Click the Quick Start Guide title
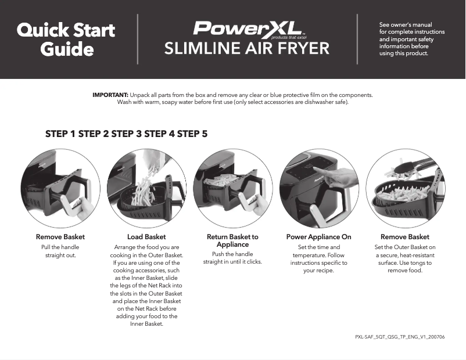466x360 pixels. (x=66, y=39)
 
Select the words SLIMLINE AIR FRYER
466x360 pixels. (x=246, y=48)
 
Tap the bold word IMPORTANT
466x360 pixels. (x=110, y=95)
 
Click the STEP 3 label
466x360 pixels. (x=126, y=134)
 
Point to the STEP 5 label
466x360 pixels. (x=192, y=134)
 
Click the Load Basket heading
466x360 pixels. (x=146, y=237)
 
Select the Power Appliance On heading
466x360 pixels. (x=318, y=237)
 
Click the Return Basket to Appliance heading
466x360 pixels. (x=232, y=240)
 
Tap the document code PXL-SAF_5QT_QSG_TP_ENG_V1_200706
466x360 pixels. (x=400, y=337)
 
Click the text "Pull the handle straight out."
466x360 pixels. (x=60, y=251)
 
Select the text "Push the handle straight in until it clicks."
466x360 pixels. (x=232, y=258)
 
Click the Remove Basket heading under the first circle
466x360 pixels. (x=60, y=237)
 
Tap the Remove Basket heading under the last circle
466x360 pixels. (x=405, y=237)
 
